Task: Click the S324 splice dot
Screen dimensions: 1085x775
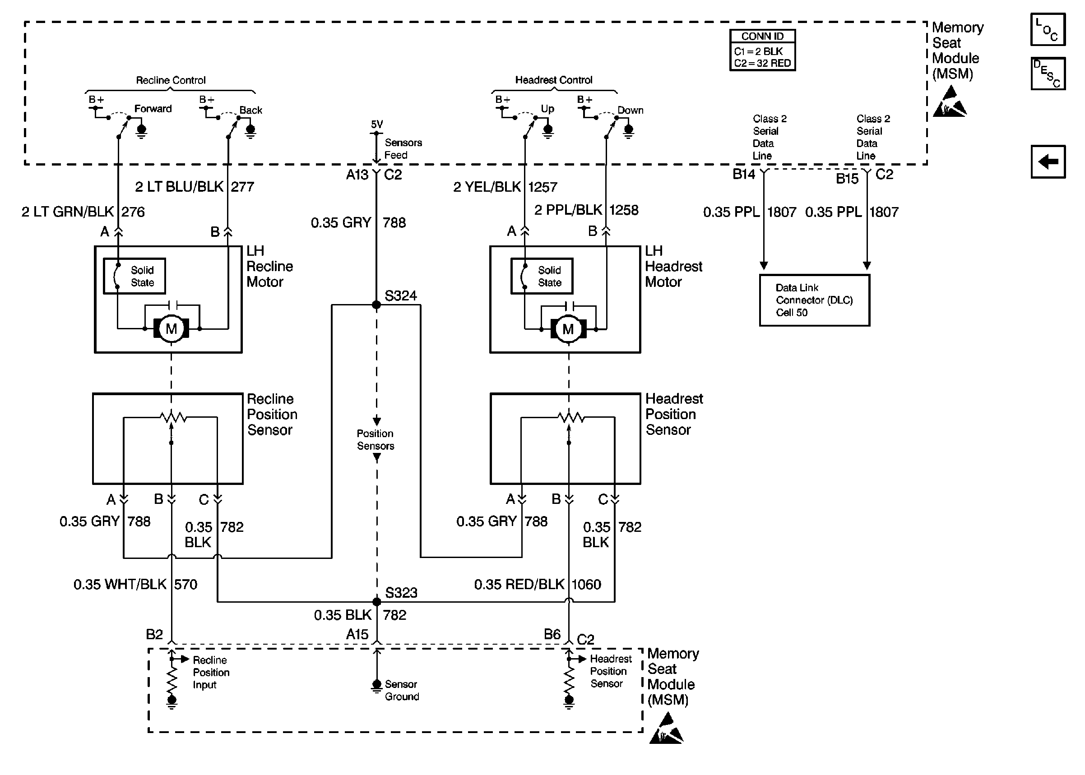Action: [x=376, y=304]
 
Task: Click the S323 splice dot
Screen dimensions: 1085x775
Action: [x=376, y=602]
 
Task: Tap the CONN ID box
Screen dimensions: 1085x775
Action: [x=762, y=50]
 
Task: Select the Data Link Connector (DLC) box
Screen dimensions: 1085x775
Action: [x=814, y=300]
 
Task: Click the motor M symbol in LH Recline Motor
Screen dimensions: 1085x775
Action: [x=171, y=328]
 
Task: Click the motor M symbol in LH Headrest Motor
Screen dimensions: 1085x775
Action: [x=568, y=329]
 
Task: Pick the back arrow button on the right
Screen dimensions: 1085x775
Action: [x=1048, y=161]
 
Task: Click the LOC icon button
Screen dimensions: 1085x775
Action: [x=1048, y=29]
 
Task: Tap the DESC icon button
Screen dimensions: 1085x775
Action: [x=1048, y=74]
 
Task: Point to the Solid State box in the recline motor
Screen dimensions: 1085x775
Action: [x=134, y=276]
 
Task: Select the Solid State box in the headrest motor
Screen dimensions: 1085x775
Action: [x=542, y=276]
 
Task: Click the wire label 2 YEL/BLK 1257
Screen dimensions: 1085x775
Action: [x=505, y=187]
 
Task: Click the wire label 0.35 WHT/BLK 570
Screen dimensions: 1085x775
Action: [x=135, y=584]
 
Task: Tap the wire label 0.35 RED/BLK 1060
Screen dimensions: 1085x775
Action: [x=538, y=584]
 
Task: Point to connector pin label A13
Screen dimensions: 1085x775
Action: [x=357, y=175]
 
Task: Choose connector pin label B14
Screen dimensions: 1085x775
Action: [x=744, y=174]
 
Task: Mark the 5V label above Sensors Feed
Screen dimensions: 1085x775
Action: [x=376, y=124]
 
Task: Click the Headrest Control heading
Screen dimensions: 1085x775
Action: [x=554, y=80]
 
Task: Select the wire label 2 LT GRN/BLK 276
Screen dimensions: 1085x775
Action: [x=83, y=212]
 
